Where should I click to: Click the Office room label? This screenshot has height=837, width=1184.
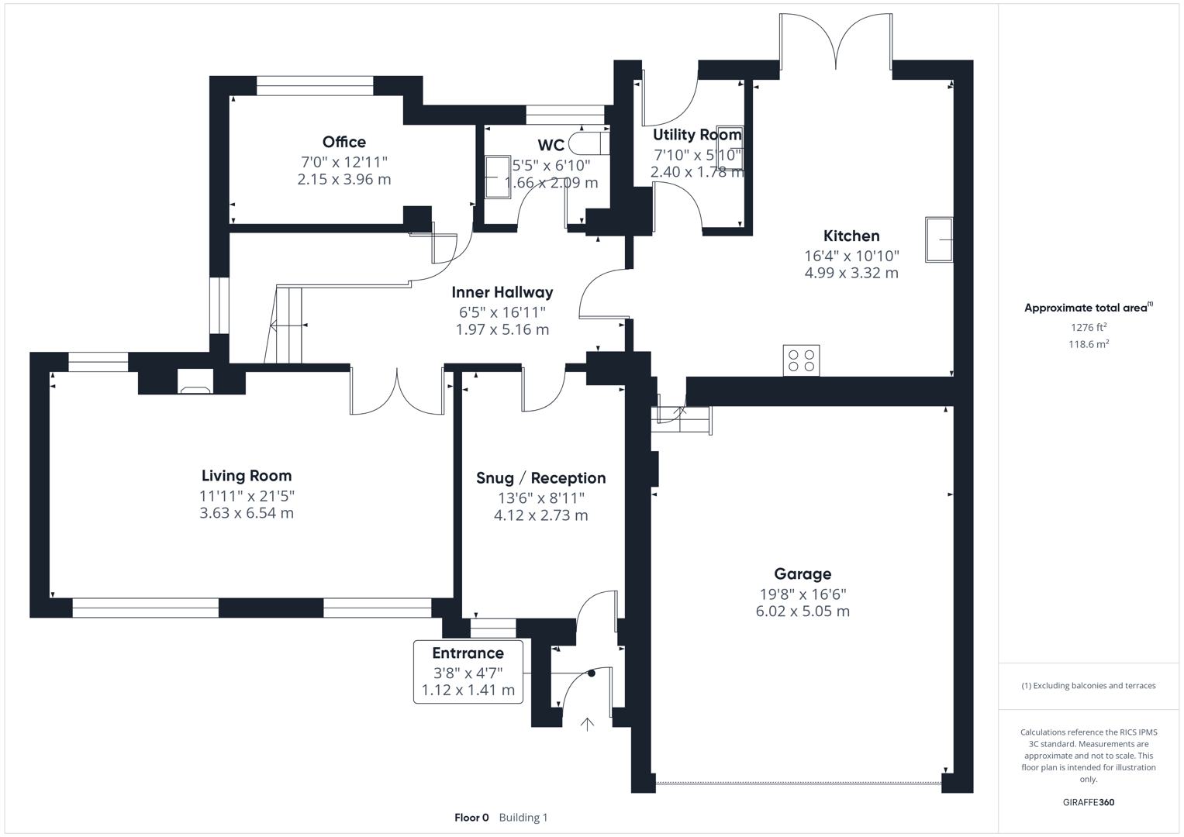[x=343, y=142]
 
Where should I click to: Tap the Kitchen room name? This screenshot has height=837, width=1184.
[x=851, y=236]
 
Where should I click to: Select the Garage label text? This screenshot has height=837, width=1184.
[x=803, y=573]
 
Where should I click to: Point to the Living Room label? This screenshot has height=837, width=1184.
[x=247, y=476]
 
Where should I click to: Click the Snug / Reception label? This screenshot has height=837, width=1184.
[x=540, y=478]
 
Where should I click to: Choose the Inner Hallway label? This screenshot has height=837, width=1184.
[x=502, y=292]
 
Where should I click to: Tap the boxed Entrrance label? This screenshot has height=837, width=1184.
[x=468, y=653]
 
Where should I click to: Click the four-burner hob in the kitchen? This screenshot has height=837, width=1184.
[x=801, y=360]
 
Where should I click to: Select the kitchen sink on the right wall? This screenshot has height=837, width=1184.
[x=939, y=239]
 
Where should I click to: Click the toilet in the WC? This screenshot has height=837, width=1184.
[x=586, y=143]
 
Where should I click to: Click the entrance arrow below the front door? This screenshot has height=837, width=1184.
[x=588, y=724]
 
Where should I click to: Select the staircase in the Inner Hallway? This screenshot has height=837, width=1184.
[x=288, y=325]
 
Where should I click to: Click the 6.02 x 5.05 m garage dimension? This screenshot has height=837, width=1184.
[x=803, y=611]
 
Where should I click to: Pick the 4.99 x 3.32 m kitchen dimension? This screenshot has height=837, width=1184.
[x=851, y=273]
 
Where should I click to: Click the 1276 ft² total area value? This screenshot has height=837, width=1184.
[x=1088, y=327]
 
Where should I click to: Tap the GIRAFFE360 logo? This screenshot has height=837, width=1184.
[x=1088, y=802]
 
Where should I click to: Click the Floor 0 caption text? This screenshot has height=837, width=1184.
[x=471, y=818]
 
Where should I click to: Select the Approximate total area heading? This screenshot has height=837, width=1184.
[x=1087, y=308]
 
